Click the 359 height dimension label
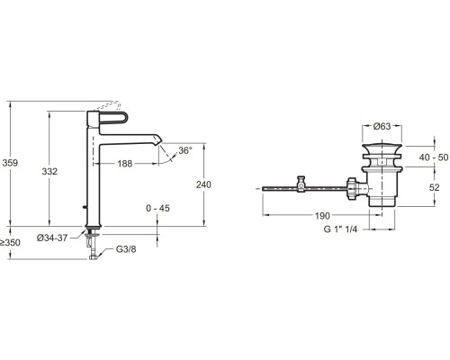10,163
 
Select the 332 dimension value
49,171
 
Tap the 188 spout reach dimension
125,164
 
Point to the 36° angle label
185,150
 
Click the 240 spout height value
203,184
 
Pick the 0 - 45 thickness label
157,208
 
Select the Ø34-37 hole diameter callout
52,238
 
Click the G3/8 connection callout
126,249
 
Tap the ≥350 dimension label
10,242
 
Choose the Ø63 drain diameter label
382,126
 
